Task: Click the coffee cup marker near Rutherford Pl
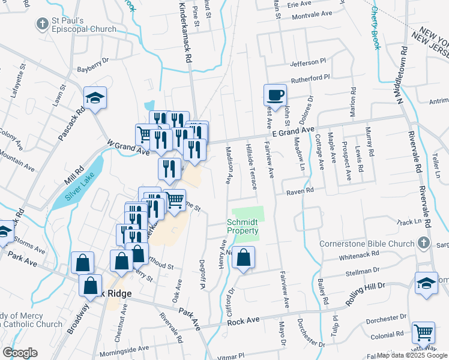tap(274, 95)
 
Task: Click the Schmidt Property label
tap(243, 226)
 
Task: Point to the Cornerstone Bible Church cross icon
tap(424, 244)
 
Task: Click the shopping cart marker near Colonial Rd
tap(423, 332)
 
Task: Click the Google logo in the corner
tap(20, 353)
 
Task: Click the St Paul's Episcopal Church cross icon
tap(42, 24)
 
